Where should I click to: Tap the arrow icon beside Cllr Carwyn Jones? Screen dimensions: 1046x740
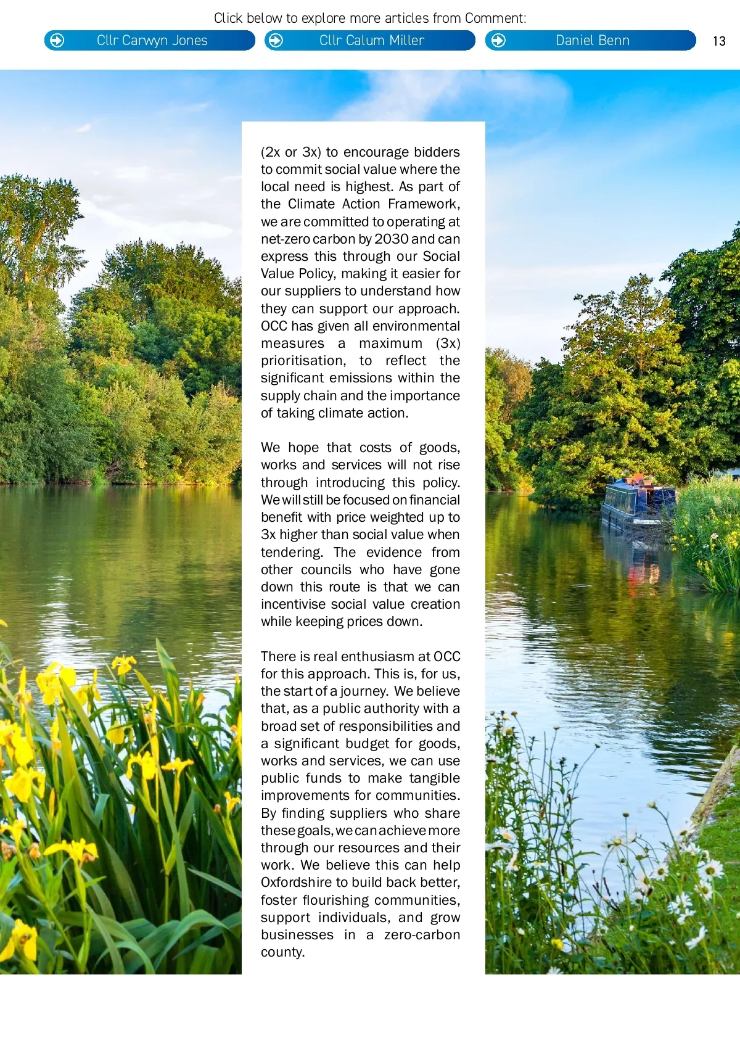tap(57, 41)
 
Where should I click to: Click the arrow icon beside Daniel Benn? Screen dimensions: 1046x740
tap(498, 41)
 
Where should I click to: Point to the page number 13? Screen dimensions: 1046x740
tap(719, 41)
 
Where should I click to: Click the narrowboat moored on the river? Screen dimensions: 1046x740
tap(638, 503)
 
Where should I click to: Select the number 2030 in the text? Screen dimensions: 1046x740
tap(391, 239)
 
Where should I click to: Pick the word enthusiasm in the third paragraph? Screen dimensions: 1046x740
tap(377, 657)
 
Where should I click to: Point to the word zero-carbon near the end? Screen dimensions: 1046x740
tap(422, 935)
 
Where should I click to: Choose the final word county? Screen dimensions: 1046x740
tap(282, 952)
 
